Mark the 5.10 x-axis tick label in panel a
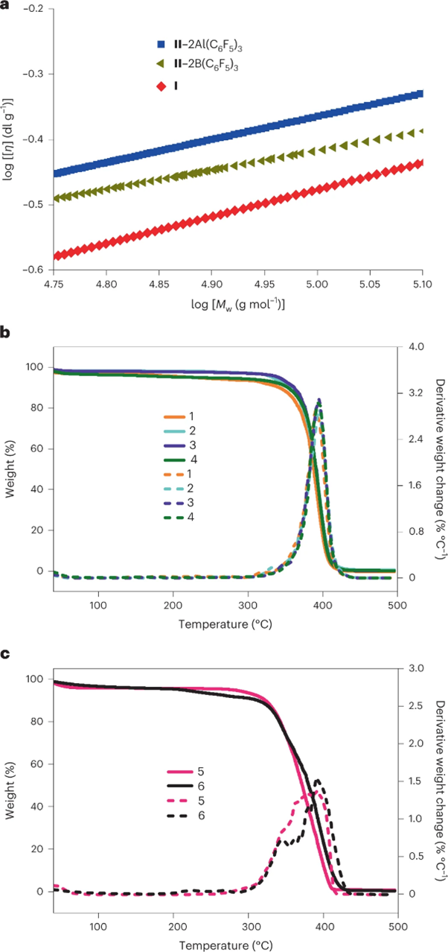[421, 285]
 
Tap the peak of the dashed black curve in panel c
[318, 781]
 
